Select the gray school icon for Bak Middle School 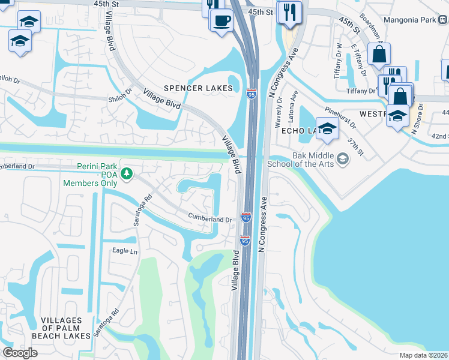click(343, 158)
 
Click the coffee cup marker click(221, 20)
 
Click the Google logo click(20, 353)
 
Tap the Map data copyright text click(424, 355)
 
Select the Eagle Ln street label click(124, 251)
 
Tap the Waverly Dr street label click(279, 113)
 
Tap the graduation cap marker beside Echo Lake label click(328, 129)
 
